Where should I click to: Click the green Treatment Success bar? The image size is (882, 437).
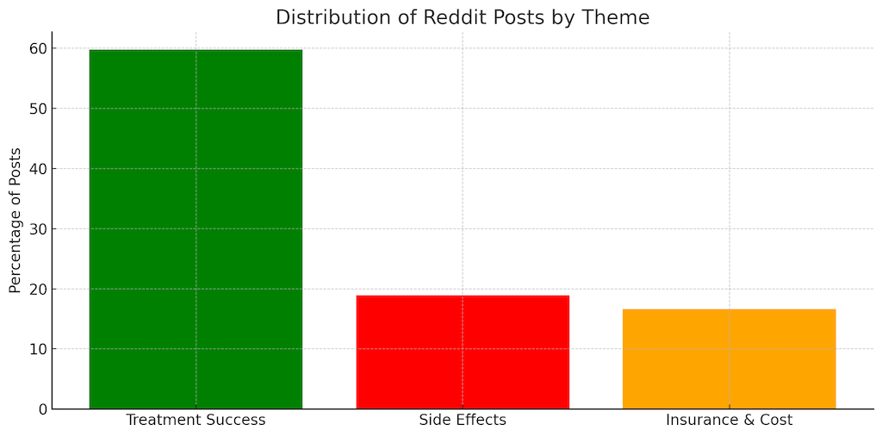click(x=196, y=228)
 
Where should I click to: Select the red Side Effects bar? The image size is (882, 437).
click(x=463, y=352)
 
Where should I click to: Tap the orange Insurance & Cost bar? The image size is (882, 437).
click(x=729, y=359)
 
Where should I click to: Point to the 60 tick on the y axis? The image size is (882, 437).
click(x=37, y=48)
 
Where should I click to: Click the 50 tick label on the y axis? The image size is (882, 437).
click(x=37, y=109)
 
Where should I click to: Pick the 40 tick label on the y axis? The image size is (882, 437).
click(x=37, y=169)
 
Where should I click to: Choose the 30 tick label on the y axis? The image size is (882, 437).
click(x=37, y=228)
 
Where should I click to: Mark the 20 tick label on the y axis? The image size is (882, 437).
click(x=37, y=289)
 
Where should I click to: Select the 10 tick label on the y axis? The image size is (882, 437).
click(x=37, y=349)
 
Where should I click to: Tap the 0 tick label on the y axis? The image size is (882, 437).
click(x=41, y=409)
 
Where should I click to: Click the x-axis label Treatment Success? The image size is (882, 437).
click(x=196, y=421)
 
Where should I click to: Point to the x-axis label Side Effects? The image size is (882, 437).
click(x=463, y=421)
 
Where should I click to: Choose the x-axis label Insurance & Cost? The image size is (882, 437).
click(x=729, y=421)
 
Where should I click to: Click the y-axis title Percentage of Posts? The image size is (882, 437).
click(x=16, y=220)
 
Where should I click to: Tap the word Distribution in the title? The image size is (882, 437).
click(x=326, y=17)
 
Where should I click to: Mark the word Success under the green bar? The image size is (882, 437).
click(x=234, y=421)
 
